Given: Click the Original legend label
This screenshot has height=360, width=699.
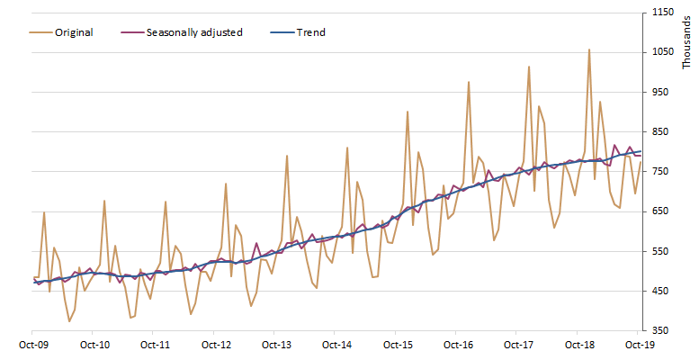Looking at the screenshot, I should [x=74, y=32].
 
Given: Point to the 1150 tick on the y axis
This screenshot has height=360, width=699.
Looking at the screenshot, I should [x=662, y=13].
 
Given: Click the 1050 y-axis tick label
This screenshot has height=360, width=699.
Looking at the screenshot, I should [x=662, y=52].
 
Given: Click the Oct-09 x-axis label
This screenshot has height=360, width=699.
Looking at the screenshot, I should [x=34, y=345].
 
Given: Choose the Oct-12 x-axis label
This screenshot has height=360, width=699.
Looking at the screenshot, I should [x=216, y=345].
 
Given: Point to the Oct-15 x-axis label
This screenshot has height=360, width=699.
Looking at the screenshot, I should [x=397, y=345].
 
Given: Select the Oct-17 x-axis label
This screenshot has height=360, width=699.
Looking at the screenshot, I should [x=518, y=345].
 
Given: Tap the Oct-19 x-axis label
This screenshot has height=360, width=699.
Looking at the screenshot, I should [x=638, y=345].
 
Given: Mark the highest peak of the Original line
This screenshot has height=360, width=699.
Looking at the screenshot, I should [x=589, y=49].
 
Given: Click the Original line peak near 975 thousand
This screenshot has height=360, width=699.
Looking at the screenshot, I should [x=469, y=82].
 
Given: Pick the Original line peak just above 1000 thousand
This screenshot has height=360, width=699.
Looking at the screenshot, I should [x=529, y=67].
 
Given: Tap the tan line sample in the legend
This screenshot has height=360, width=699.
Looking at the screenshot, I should [x=39, y=32].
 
